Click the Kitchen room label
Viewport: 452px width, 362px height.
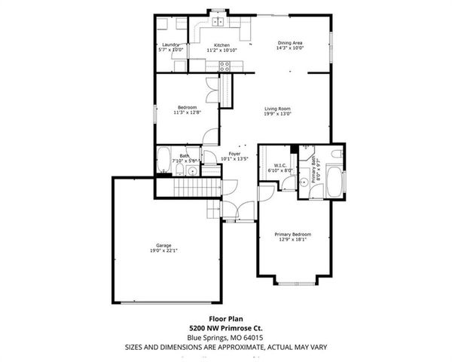[x=221, y=45]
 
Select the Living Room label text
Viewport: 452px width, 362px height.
[x=277, y=109]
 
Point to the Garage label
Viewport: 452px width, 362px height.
[x=163, y=246]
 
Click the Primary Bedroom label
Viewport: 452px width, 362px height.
[x=292, y=235]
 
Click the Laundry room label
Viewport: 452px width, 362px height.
[x=171, y=45]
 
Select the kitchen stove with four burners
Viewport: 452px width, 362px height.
[x=224, y=66]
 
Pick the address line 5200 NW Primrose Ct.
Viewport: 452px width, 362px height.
[x=225, y=328]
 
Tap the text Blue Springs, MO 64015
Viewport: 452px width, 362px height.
[x=225, y=337]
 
